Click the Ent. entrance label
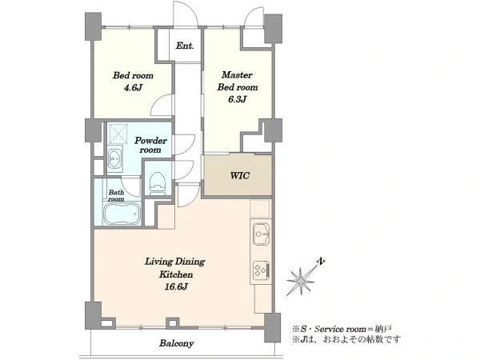[185, 46]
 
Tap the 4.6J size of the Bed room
[133, 88]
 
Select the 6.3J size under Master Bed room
[238, 100]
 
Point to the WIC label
[240, 176]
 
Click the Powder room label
[150, 145]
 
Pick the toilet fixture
[158, 183]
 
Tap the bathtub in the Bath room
[122, 214]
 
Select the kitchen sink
[261, 234]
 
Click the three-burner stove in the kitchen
[261, 270]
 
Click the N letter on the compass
[321, 262]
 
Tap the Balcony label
[176, 343]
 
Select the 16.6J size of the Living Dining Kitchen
[176, 287]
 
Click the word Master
[237, 74]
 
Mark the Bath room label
[116, 196]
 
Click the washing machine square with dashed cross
[118, 134]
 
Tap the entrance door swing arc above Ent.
[186, 14]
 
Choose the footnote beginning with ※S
[342, 329]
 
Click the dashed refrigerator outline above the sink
[261, 209]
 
